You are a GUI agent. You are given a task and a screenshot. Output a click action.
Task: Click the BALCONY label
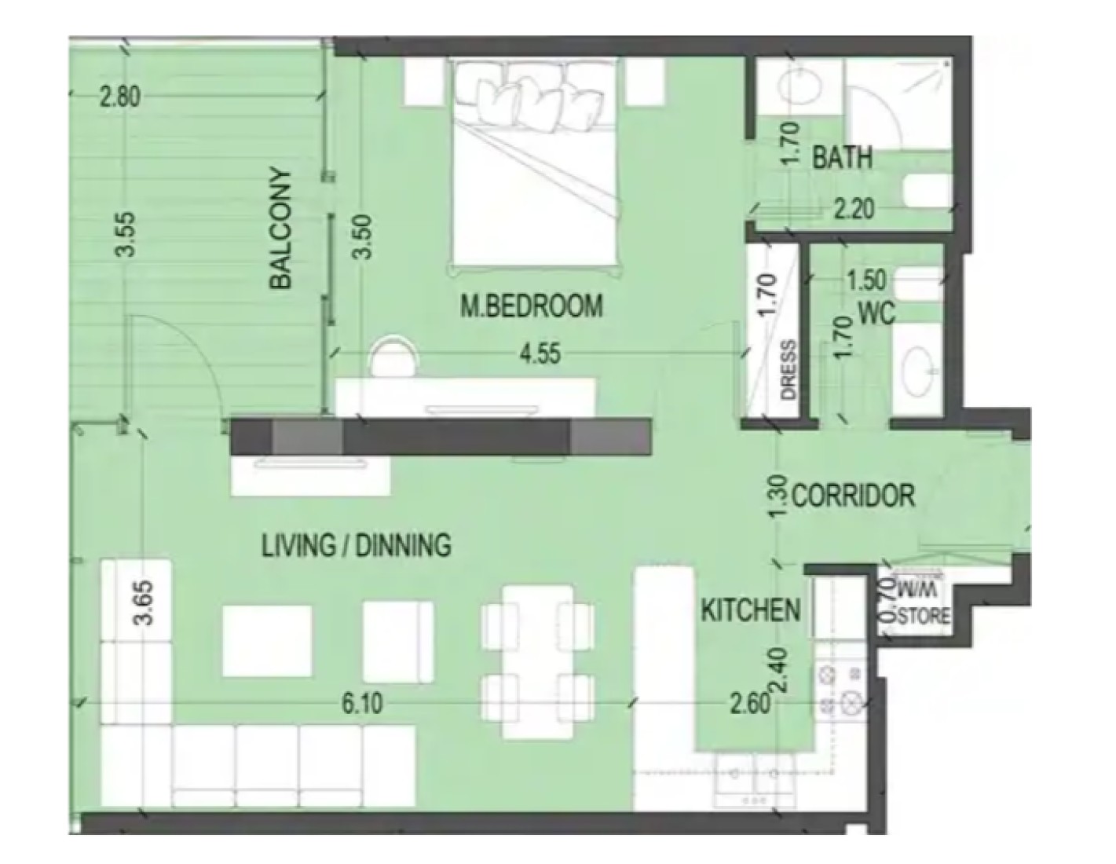click(280, 228)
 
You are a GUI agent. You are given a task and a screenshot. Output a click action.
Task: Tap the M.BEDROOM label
click(532, 306)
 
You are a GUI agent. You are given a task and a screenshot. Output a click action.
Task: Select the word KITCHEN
click(751, 610)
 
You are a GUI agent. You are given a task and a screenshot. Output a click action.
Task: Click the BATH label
click(842, 157)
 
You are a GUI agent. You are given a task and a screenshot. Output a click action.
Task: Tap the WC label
click(876, 313)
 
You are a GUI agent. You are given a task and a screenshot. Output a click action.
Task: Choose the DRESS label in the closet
click(789, 369)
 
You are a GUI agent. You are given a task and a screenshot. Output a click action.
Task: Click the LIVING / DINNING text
click(357, 545)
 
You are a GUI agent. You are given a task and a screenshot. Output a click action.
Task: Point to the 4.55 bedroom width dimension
click(540, 354)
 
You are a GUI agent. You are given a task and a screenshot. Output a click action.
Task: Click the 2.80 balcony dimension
click(120, 97)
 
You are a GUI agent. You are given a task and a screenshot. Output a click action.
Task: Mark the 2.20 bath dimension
click(854, 209)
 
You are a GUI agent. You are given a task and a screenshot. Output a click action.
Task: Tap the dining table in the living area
click(538, 662)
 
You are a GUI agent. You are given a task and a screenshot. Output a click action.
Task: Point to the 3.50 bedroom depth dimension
click(363, 236)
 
